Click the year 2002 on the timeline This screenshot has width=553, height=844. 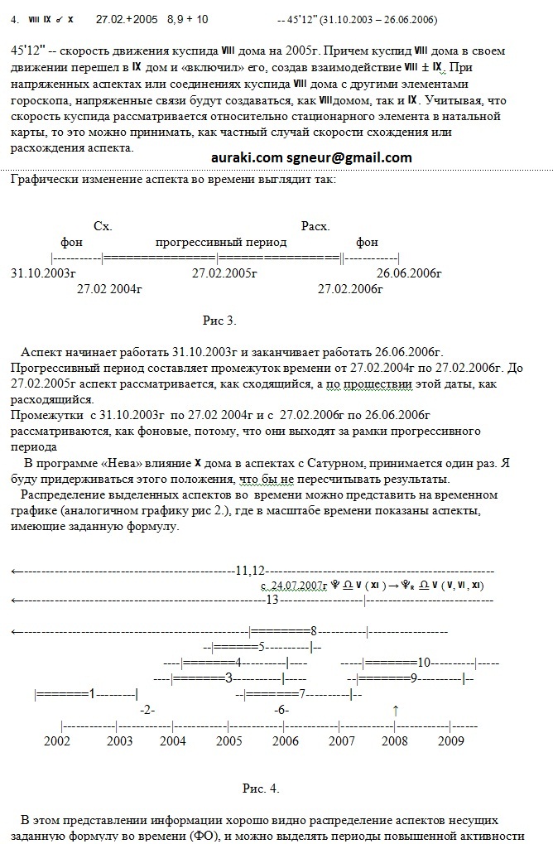[x=57, y=740]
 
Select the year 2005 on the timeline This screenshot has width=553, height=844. [x=229, y=740]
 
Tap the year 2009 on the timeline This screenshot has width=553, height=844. [x=450, y=740]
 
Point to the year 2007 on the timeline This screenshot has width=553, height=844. [x=342, y=740]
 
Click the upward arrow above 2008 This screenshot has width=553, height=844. [x=396, y=710]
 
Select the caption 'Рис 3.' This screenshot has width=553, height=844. [x=219, y=321]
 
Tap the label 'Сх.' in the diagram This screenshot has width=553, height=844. [x=103, y=226]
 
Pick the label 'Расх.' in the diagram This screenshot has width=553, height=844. [x=315, y=226]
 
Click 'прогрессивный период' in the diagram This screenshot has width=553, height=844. [x=221, y=242]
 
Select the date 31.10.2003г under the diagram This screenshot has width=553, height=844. [x=43, y=272]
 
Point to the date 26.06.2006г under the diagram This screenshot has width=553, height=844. [x=409, y=272]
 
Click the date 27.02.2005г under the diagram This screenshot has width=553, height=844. [x=225, y=272]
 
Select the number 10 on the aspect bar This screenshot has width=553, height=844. [x=423, y=662]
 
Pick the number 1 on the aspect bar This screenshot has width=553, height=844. [x=93, y=692]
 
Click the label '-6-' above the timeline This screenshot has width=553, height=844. [x=281, y=710]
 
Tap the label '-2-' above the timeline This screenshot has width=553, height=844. [x=147, y=710]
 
